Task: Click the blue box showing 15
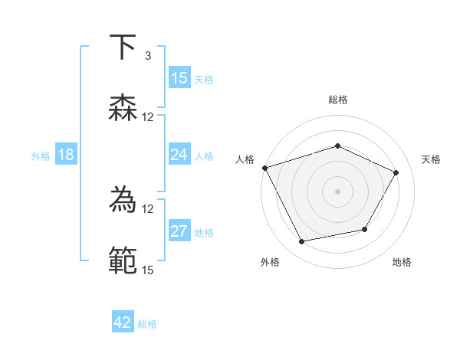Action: [179, 78]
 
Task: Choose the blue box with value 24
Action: [179, 155]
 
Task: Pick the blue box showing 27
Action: [179, 231]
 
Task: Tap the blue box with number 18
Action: [66, 155]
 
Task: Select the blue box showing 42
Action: [123, 322]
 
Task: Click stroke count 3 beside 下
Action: [147, 56]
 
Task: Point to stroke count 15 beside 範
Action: [147, 269]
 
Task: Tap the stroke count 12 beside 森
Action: [147, 116]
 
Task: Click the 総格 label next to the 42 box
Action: [147, 324]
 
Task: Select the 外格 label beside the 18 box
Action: [41, 156]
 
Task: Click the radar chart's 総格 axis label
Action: [338, 100]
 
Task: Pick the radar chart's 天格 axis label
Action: [431, 159]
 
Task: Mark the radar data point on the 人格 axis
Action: [264, 167]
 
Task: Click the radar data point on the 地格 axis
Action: [365, 229]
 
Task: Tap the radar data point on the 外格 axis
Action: [302, 241]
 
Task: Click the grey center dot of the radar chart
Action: [338, 191]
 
